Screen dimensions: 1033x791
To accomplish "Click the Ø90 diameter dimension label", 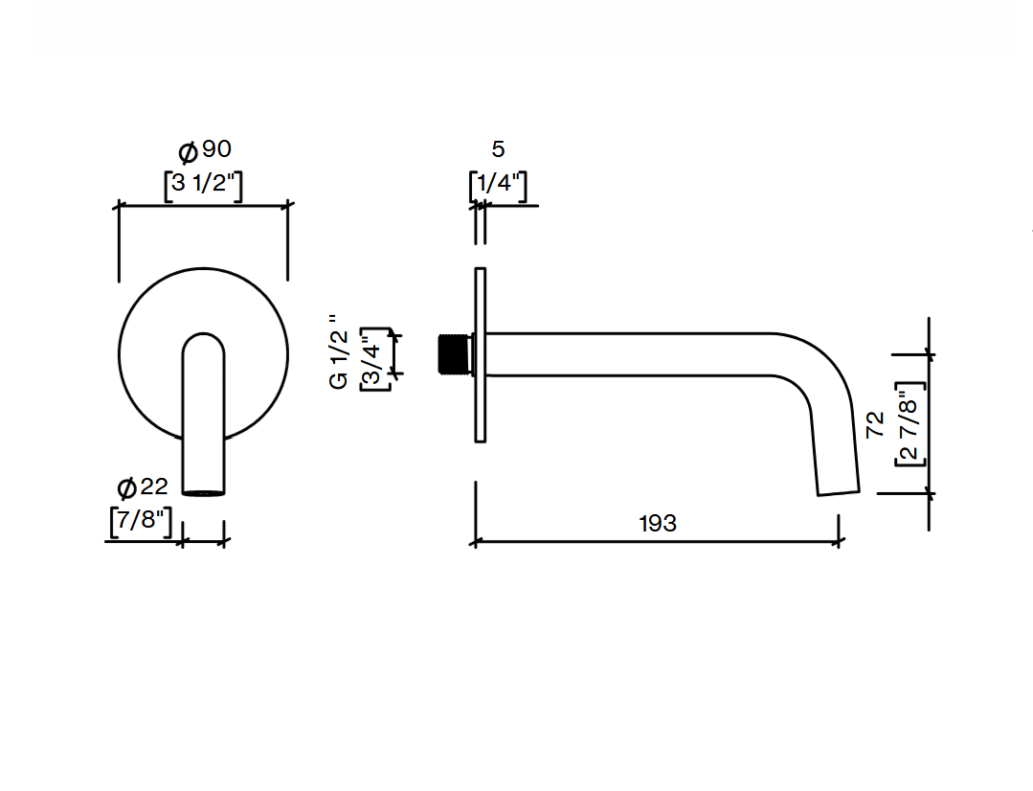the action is pos(205,150).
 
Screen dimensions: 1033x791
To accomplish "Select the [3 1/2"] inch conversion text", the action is pos(203,185).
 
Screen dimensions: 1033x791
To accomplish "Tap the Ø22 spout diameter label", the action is pos(143,487).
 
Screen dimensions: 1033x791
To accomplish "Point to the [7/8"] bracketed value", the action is pos(141,521).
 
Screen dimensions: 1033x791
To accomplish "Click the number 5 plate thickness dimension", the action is pos(498,149).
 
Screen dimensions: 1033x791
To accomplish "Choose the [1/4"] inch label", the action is pos(498,185).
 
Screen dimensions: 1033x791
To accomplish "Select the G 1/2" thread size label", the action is pos(339,352).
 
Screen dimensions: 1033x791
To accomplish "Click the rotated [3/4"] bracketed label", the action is pos(375,359).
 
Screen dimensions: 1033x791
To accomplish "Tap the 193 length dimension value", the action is pos(658,524).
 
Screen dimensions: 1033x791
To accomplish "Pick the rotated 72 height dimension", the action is pos(875,425).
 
